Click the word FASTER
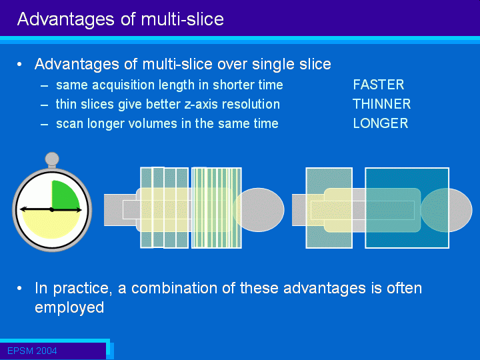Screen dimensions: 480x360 379,85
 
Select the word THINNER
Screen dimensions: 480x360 381,104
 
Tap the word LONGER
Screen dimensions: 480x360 381,123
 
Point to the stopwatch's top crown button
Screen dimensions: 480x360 52,159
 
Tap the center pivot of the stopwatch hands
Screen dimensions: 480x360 52,210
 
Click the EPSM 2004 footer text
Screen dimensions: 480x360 32,351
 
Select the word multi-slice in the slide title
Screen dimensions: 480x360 182,19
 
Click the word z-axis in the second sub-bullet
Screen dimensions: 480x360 201,105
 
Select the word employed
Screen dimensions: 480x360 69,308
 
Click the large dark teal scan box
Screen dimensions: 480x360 407,207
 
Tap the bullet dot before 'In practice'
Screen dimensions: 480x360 19,289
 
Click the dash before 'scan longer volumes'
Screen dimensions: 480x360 45,125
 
